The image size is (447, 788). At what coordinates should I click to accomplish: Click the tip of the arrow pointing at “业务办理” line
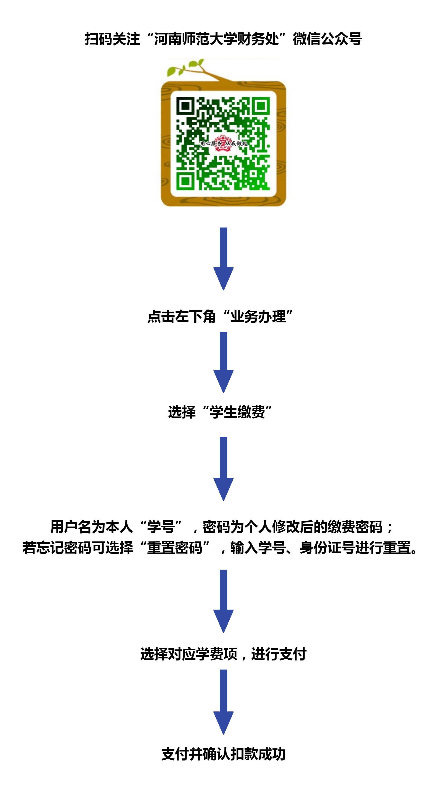tap(223, 290)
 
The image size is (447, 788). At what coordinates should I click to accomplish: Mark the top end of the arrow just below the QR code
tap(223, 228)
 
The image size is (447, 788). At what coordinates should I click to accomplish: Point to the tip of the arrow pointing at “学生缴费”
tap(223, 393)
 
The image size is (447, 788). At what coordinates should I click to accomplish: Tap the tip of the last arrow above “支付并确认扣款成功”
tap(223, 735)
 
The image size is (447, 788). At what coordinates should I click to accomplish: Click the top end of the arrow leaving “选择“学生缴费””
tap(223, 437)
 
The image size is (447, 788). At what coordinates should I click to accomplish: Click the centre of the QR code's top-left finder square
tap(185, 106)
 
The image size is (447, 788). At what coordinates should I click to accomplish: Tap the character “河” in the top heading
tap(161, 39)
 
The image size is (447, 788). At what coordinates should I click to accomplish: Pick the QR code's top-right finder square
tap(261, 106)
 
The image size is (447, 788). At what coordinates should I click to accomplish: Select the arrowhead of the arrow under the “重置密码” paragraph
tap(223, 621)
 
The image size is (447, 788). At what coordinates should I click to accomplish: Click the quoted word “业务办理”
tap(258, 316)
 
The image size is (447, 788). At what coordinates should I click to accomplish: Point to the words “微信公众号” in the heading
tap(327, 39)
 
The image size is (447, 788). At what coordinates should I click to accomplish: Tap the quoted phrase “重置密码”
tap(175, 547)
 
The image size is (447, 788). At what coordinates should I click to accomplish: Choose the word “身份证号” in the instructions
tap(327, 547)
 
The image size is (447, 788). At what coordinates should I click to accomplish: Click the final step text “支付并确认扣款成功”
tap(223, 754)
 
